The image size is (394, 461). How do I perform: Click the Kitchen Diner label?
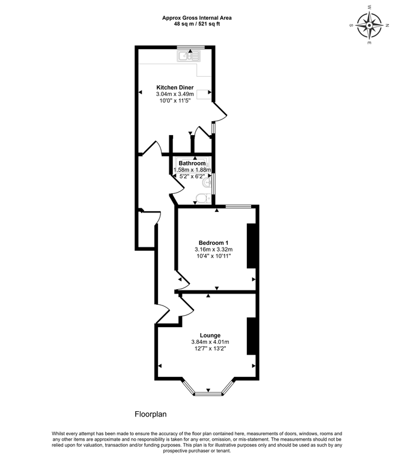pos(175,87)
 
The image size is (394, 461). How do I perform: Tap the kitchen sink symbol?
pos(187,56)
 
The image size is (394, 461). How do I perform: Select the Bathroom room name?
pos(192,163)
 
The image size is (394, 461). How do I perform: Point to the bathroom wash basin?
pos(208,182)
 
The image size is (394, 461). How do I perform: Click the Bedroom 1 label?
pos(213,243)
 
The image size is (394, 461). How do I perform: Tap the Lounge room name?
pos(210,335)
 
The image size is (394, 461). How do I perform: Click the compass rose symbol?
pos(369,26)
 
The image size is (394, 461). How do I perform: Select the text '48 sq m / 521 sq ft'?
pos(196,25)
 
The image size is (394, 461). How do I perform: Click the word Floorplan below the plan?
pos(150,414)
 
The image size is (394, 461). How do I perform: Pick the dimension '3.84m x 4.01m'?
pos(210,342)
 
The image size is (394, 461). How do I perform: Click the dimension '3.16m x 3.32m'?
pos(213,250)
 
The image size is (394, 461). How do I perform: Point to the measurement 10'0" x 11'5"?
pos(175,101)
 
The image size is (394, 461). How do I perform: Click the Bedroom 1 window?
pos(238,206)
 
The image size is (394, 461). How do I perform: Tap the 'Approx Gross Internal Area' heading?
pos(196,18)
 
